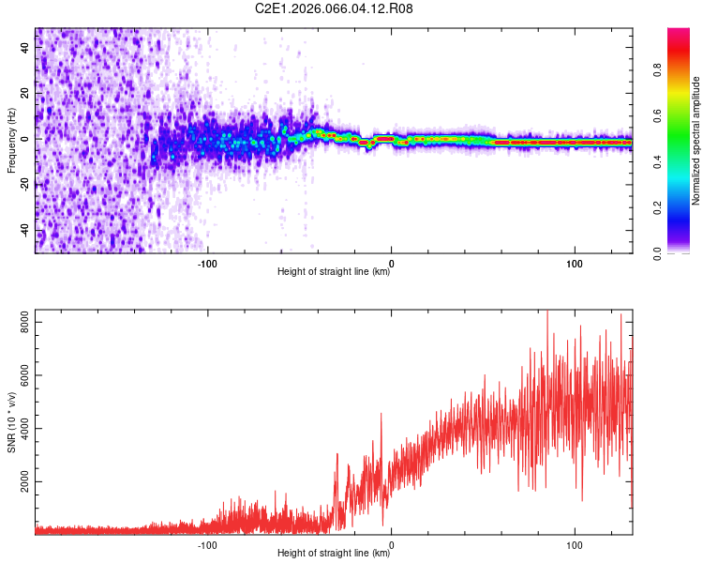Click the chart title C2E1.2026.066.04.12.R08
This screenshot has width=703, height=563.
[335, 8]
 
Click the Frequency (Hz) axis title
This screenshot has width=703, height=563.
[11, 142]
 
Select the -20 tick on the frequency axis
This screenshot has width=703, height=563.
[24, 185]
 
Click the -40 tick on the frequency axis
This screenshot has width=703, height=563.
[24, 231]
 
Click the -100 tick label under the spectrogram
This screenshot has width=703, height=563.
[207, 263]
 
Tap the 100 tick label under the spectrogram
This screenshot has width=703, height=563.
[575, 263]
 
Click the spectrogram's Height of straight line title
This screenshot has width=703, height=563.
[335, 272]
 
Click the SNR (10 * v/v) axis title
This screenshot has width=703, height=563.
[11, 420]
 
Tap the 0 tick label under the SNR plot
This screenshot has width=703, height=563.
[391, 544]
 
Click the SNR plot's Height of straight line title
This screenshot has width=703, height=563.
[335, 554]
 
